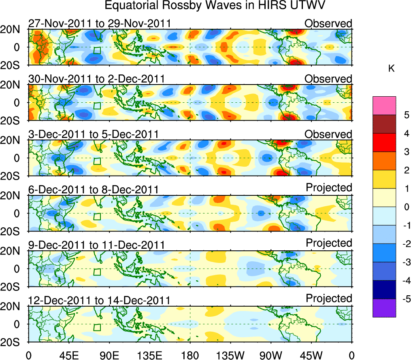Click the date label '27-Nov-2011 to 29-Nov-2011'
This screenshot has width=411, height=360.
[x=100, y=23]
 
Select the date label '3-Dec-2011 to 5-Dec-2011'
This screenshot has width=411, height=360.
[x=93, y=134]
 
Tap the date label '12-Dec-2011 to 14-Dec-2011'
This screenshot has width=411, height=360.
[x=100, y=300]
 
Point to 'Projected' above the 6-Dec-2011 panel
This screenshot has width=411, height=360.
[x=329, y=187]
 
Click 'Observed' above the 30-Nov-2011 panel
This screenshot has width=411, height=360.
[x=328, y=79]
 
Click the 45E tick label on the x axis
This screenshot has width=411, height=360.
[x=68, y=355]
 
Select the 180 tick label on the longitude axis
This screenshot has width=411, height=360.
[x=190, y=355]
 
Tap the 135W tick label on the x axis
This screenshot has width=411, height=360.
[x=230, y=355]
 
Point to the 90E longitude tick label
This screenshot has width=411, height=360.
[x=109, y=355]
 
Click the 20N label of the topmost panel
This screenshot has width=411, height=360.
[x=14, y=29]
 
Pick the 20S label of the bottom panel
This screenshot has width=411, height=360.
[x=14, y=342]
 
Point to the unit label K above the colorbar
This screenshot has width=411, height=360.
[x=391, y=69]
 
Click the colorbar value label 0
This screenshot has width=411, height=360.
[x=403, y=207]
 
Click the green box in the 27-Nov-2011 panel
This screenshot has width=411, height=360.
[x=97, y=50]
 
